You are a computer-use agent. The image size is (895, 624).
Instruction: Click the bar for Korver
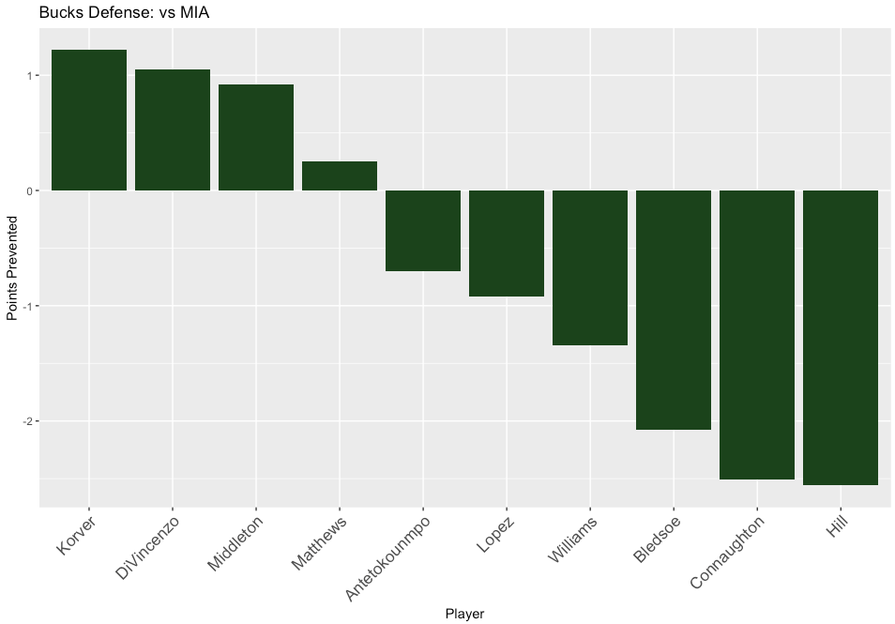[x=89, y=120]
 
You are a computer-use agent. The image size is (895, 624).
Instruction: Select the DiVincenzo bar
[x=173, y=130]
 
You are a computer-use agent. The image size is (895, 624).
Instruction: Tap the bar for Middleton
[x=256, y=138]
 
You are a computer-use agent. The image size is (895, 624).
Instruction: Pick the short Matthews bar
[x=340, y=176]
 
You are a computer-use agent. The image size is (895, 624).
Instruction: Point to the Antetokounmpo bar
[x=423, y=231]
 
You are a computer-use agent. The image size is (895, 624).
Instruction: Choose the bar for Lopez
[x=507, y=243]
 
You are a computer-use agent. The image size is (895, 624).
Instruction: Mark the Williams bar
[x=590, y=267]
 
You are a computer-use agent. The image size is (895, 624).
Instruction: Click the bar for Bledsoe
[x=674, y=310]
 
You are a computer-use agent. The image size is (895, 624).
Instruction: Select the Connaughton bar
[x=757, y=335]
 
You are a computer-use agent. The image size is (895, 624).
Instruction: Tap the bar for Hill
[x=841, y=338]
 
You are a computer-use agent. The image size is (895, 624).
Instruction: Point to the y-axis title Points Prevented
[x=13, y=268]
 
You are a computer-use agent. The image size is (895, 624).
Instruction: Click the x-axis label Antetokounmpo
[x=389, y=557]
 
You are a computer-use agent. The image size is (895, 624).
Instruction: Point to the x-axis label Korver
[x=75, y=535]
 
